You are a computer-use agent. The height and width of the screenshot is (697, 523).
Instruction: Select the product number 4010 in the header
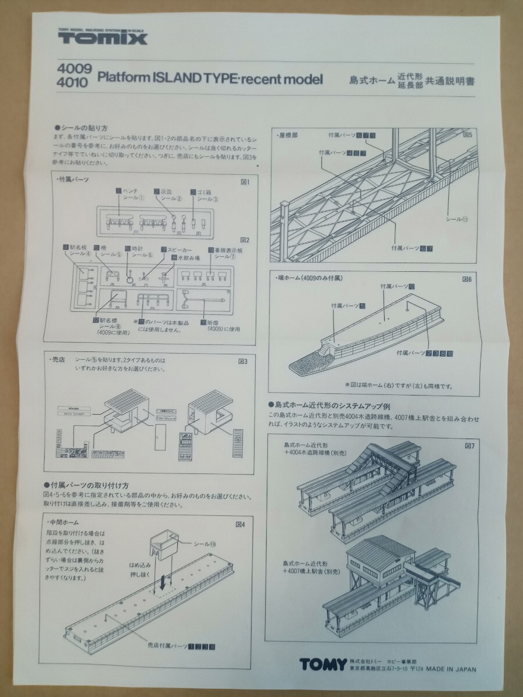click(x=72, y=82)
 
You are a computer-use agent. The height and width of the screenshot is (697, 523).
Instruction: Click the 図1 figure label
click(x=245, y=182)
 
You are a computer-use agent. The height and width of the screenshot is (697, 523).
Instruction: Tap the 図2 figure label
click(x=245, y=239)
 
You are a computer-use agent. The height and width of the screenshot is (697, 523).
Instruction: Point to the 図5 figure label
click(x=467, y=135)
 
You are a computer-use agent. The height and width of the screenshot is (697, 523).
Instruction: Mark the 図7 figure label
click(x=470, y=447)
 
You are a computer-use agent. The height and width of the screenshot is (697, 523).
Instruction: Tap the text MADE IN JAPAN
click(x=450, y=669)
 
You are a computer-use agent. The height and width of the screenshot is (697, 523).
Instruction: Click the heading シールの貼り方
click(x=81, y=127)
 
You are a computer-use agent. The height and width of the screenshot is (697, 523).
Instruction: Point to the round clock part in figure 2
click(x=130, y=278)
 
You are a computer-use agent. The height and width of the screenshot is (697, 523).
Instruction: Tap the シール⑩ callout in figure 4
click(x=205, y=544)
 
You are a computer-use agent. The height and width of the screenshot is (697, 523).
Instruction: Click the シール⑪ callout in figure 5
click(x=457, y=220)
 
